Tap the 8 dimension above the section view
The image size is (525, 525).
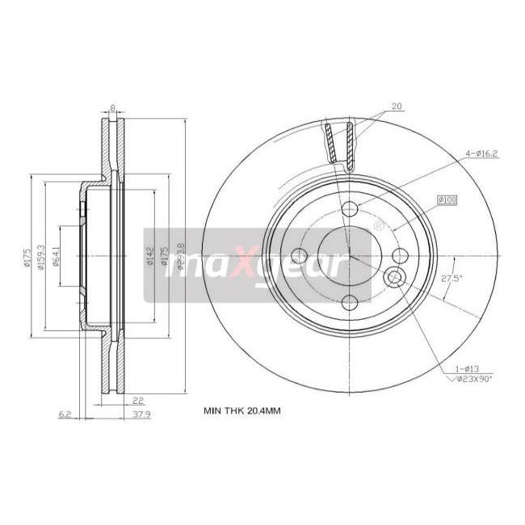click(x=112, y=107)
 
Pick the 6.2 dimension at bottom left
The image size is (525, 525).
click(x=64, y=416)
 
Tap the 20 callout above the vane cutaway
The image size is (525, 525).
click(x=397, y=107)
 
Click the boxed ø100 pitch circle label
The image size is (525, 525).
click(x=447, y=199)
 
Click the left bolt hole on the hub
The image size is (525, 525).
click(x=304, y=256)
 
